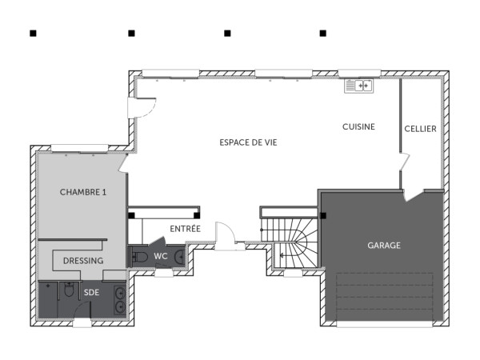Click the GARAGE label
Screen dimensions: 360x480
point(383,246)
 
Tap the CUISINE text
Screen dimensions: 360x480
point(358,127)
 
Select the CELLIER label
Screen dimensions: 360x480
point(420,128)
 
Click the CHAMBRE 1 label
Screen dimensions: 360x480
point(83,192)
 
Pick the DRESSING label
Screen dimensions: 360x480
point(83,261)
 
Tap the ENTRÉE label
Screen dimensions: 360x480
point(185,229)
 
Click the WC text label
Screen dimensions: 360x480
point(161,256)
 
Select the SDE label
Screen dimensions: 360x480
point(92,293)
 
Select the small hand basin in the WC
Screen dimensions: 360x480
point(179,257)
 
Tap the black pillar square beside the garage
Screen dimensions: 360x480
point(323,214)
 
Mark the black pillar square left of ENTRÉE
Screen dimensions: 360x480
point(131,214)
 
